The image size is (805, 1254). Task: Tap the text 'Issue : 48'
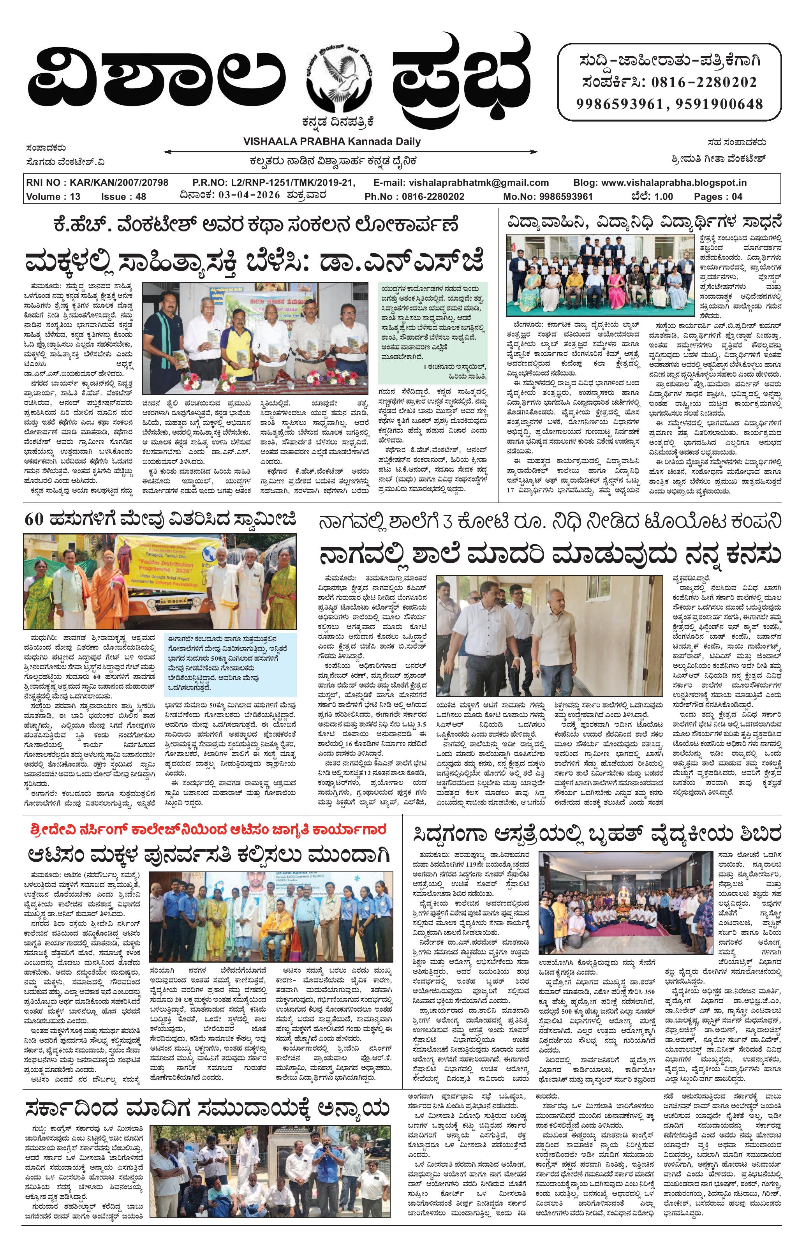click(123, 197)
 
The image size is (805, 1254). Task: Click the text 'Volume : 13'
click(53, 197)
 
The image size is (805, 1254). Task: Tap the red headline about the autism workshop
click(209, 829)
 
